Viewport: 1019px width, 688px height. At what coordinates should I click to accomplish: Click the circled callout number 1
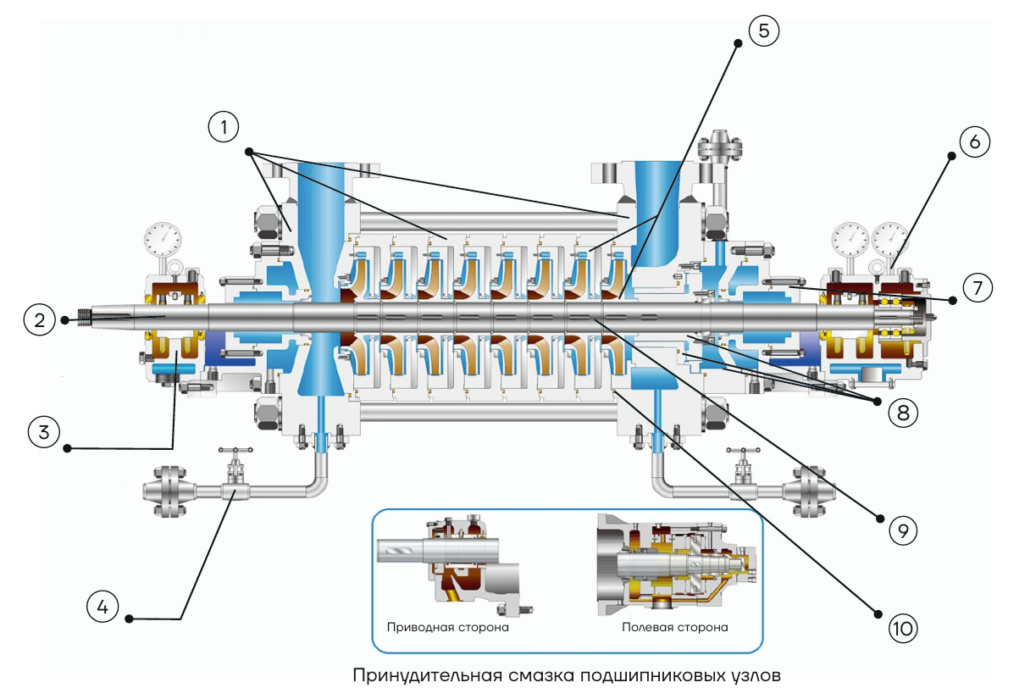click(224, 127)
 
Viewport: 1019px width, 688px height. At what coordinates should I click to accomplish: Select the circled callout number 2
click(40, 320)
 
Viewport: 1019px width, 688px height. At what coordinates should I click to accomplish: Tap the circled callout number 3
click(44, 432)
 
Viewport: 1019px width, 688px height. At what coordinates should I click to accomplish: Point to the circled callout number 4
click(102, 607)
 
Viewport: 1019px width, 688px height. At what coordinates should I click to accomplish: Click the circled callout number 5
click(764, 31)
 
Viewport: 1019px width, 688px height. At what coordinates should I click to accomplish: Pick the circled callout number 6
click(974, 142)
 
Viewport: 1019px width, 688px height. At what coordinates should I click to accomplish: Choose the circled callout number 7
click(977, 287)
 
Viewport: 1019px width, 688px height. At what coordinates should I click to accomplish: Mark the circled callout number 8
click(903, 413)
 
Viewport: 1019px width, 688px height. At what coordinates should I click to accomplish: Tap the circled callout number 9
click(903, 530)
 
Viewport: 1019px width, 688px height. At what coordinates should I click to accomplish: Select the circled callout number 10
click(903, 629)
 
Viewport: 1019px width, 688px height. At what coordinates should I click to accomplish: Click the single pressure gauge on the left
click(163, 240)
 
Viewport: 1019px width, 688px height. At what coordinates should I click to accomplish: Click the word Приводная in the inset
click(420, 628)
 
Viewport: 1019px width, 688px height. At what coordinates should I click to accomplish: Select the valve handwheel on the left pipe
click(235, 451)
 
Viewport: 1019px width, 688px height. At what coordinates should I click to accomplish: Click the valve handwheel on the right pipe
click(743, 451)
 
